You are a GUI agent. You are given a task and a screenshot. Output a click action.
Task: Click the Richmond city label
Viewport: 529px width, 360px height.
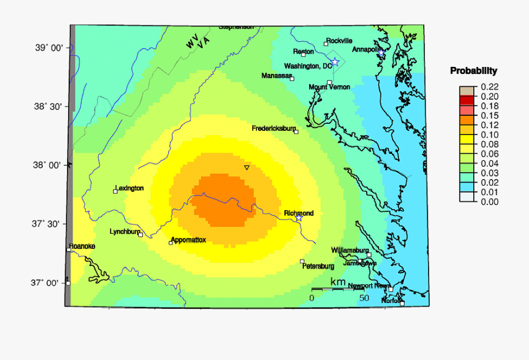(299, 213)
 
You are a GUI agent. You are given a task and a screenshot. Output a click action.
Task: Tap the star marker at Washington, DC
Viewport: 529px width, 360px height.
(334, 62)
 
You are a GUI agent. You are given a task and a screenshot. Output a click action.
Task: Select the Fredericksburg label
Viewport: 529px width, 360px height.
(273, 128)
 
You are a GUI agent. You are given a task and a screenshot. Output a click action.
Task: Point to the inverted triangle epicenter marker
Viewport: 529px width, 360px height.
(247, 168)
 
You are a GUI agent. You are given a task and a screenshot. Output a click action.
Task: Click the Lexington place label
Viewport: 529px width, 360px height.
(129, 188)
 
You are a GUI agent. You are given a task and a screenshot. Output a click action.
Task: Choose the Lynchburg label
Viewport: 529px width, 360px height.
(125, 231)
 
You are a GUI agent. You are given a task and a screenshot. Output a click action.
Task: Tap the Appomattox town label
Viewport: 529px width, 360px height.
(188, 240)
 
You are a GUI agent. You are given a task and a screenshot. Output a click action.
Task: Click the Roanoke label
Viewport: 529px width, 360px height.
(82, 246)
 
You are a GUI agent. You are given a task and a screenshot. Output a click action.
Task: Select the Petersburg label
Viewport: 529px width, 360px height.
(318, 266)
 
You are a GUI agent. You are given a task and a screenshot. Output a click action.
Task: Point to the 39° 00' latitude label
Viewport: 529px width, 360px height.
(48, 48)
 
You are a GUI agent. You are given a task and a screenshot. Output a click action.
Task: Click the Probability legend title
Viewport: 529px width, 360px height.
(473, 71)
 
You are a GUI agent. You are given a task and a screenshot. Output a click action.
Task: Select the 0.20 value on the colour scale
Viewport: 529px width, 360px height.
(489, 96)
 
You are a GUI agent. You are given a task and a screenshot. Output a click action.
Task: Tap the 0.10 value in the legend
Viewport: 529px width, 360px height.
(489, 134)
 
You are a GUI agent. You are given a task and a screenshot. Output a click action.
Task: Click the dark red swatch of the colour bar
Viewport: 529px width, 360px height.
(467, 100)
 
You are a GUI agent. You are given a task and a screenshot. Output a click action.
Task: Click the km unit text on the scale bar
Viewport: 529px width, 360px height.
(338, 282)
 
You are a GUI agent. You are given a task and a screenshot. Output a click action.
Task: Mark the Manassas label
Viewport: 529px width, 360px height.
(276, 76)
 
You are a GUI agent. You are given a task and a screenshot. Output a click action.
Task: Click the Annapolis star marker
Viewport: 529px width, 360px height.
(381, 53)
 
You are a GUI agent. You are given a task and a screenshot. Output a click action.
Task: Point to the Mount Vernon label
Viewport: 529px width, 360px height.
(329, 87)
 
